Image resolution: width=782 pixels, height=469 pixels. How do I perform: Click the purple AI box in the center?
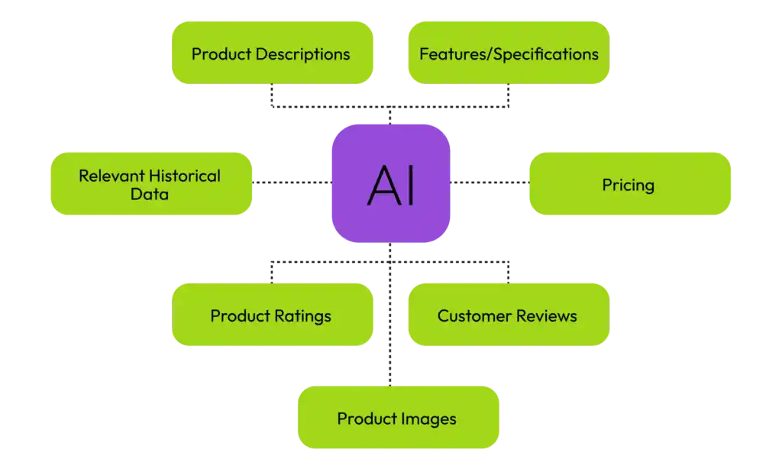pos(390,183)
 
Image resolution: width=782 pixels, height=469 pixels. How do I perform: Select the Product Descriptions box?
pos(272,53)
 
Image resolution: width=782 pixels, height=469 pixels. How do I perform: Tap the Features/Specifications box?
pos(509,53)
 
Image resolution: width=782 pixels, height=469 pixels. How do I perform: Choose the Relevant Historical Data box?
pos(150,184)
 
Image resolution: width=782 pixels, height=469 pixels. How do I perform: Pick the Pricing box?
pos(629,184)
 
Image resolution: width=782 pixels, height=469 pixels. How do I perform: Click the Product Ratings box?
pos(272,315)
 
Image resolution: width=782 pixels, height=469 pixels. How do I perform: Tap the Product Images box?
pos(397,418)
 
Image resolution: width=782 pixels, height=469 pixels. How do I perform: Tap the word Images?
pos(431,419)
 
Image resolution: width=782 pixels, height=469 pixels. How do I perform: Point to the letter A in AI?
pos(381,184)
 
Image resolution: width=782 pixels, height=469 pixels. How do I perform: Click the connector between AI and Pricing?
pos(489,183)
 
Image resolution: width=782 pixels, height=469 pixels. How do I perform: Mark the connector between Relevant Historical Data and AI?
pos(292,183)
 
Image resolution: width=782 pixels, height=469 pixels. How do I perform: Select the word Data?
pos(150,194)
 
